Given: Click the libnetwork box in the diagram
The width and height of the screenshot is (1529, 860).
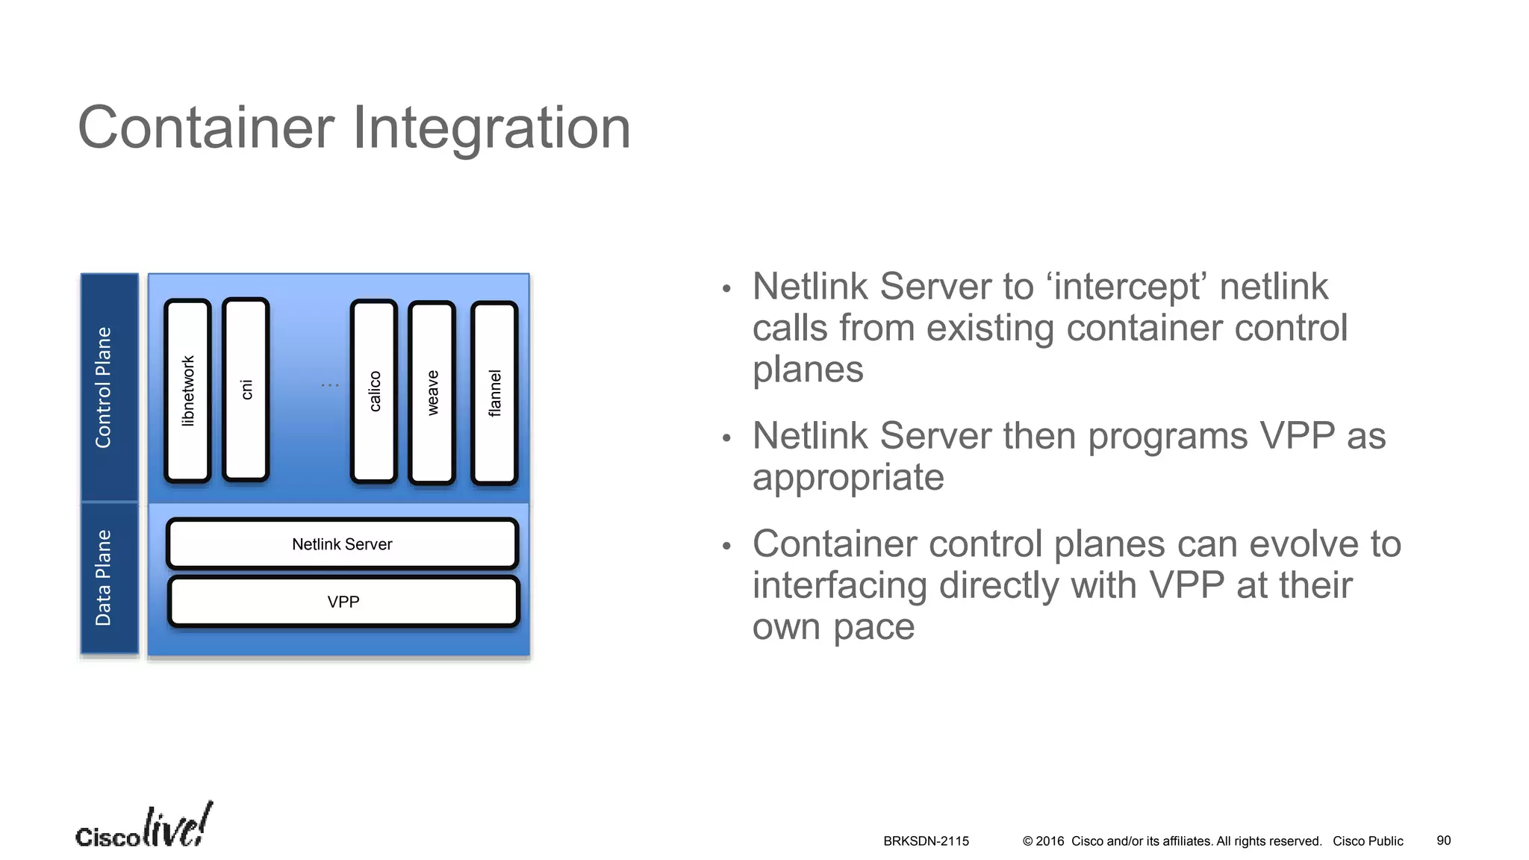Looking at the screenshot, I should click(x=187, y=391).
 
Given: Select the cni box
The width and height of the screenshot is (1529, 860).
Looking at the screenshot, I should click(x=246, y=390).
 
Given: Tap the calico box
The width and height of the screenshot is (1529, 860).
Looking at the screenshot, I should click(x=373, y=392).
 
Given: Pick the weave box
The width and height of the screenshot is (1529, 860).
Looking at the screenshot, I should click(x=432, y=393).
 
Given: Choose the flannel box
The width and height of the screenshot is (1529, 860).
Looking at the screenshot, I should click(x=494, y=393).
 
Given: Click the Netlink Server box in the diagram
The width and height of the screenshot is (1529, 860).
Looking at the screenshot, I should click(x=343, y=544).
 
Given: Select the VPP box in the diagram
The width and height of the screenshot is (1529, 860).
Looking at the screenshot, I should click(x=343, y=602).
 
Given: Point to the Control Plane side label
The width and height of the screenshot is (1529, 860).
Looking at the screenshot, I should click(x=103, y=387).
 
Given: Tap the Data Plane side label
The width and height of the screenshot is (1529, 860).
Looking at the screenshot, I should click(x=103, y=578).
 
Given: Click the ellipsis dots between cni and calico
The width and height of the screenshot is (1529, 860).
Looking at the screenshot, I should click(x=330, y=385).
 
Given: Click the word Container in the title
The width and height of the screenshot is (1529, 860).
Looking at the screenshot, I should click(x=206, y=128).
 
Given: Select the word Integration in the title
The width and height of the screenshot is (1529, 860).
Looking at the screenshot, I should click(x=492, y=128).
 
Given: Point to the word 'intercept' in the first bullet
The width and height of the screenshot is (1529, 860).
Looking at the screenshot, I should click(x=1127, y=287).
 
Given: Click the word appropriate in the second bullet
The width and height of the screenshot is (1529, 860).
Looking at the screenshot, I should click(x=848, y=477).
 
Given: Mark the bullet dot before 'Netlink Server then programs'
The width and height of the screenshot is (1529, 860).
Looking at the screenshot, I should click(x=726, y=438).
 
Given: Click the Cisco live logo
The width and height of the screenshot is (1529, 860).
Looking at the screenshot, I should click(x=143, y=826).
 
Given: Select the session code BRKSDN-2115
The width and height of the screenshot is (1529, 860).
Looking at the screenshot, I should click(x=926, y=841).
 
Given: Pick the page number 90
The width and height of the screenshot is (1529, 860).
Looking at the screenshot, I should click(x=1443, y=841).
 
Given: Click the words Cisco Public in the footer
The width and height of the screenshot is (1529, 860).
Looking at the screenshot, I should click(x=1368, y=841).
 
